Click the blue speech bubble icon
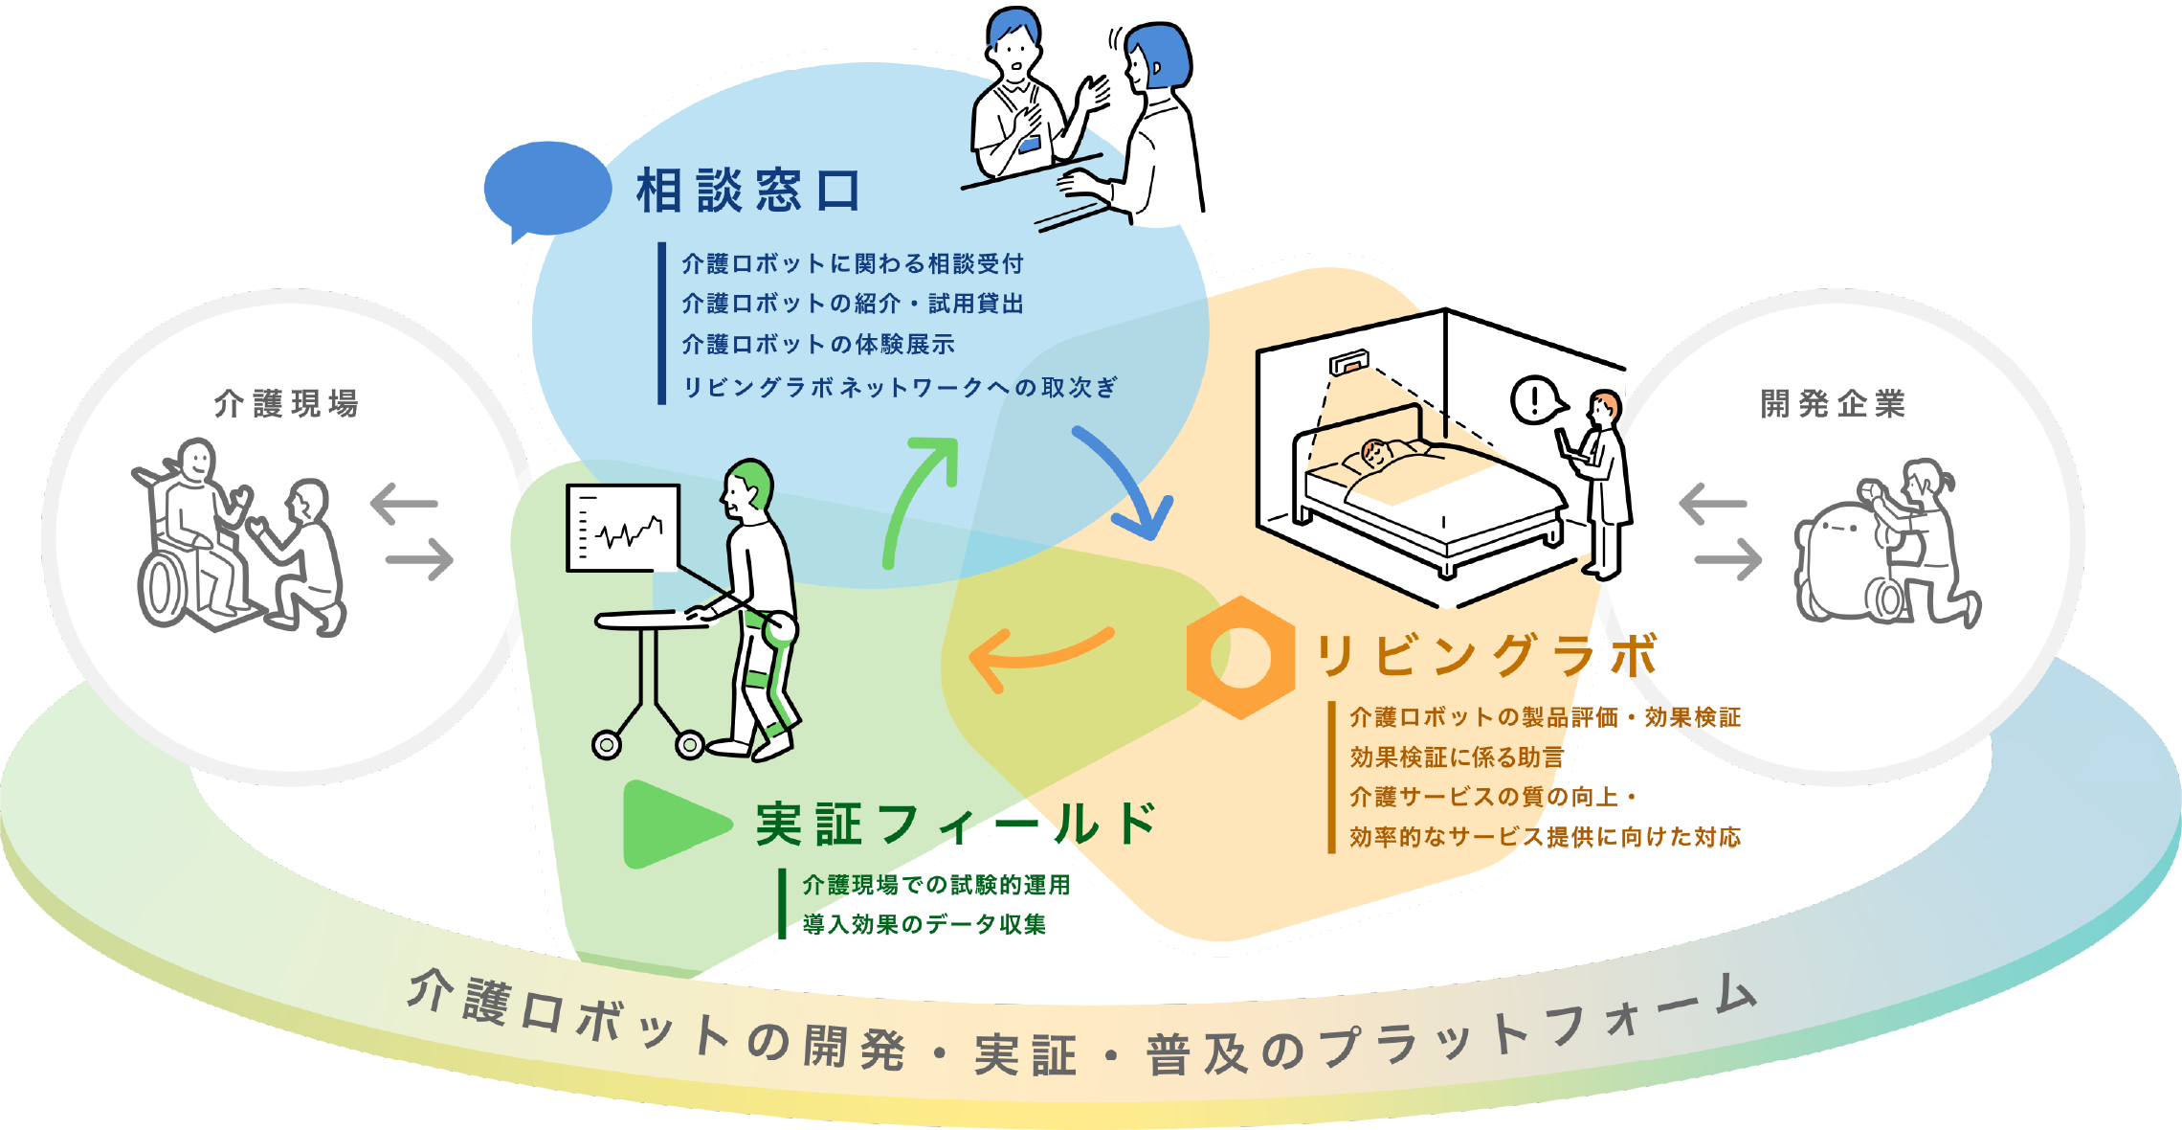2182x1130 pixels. [546, 189]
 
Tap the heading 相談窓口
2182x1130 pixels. [748, 190]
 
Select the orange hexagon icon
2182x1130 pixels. [1239, 657]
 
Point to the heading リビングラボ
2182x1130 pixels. [1486, 657]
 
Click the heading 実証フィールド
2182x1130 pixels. [956, 825]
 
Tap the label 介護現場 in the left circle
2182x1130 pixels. [286, 403]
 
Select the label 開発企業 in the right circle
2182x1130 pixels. [1833, 403]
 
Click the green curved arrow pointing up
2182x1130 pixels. [919, 498]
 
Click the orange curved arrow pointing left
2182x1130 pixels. [1038, 657]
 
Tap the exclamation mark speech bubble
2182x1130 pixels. [1537, 399]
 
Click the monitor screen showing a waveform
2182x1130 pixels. [623, 528]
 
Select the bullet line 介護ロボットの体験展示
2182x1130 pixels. [818, 344]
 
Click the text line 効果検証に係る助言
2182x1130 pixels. [1456, 757]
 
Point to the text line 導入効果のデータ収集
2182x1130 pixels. [924, 924]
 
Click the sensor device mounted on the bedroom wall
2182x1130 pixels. [1348, 363]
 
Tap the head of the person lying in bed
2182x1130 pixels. [1375, 451]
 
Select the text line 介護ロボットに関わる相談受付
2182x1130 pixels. [853, 263]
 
